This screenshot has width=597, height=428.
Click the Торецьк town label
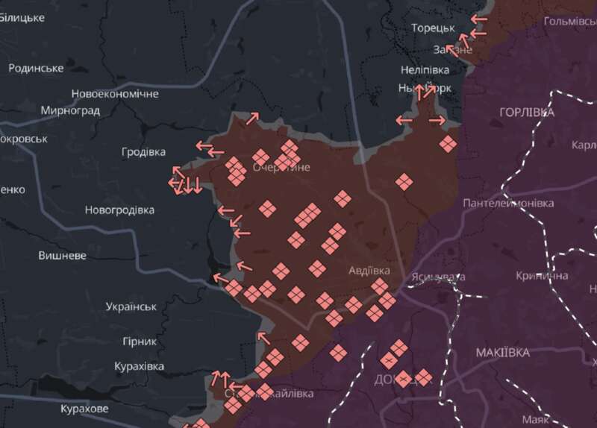tap(433, 28)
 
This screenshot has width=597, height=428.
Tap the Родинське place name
tap(36, 68)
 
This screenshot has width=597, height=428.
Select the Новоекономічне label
tap(115, 94)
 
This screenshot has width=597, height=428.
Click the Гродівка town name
tap(143, 152)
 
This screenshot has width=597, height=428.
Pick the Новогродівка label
tap(119, 210)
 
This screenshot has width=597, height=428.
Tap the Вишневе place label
tap(62, 255)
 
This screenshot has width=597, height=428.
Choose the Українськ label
tap(131, 306)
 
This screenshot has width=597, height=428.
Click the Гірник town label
tap(139, 342)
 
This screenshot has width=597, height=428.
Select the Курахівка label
tap(139, 366)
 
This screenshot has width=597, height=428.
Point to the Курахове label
tap(84, 409)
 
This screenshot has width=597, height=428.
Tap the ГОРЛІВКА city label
tap(527, 112)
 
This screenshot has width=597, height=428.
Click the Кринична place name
tap(542, 276)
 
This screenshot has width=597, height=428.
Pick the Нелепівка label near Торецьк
tap(425, 69)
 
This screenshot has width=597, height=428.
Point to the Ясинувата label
tap(438, 277)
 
